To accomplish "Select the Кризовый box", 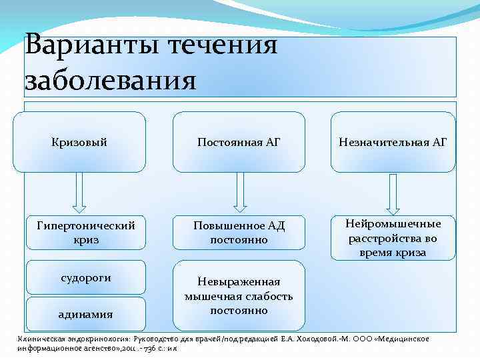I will click(x=79, y=142).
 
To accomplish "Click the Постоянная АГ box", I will click(x=239, y=142).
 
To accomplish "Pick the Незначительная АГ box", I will click(x=393, y=142).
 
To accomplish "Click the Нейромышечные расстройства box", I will click(x=393, y=238).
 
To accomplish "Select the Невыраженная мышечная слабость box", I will click(x=239, y=296).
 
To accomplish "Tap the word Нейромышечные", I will click(x=393, y=223).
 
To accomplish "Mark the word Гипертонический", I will click(x=79, y=226).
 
